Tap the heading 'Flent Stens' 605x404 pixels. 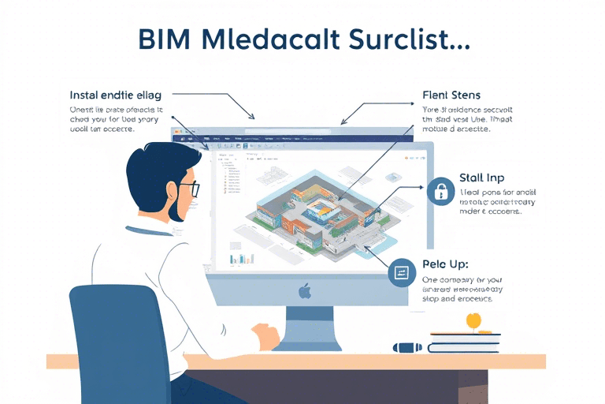(x=451, y=96)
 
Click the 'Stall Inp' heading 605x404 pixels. (x=481, y=178)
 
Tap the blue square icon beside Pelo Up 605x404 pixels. (x=402, y=272)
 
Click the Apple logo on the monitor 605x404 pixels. (x=304, y=291)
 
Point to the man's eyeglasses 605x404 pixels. (x=188, y=189)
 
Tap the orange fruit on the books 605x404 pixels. (x=473, y=320)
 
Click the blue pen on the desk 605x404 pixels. (x=408, y=346)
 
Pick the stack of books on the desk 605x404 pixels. (x=465, y=340)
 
